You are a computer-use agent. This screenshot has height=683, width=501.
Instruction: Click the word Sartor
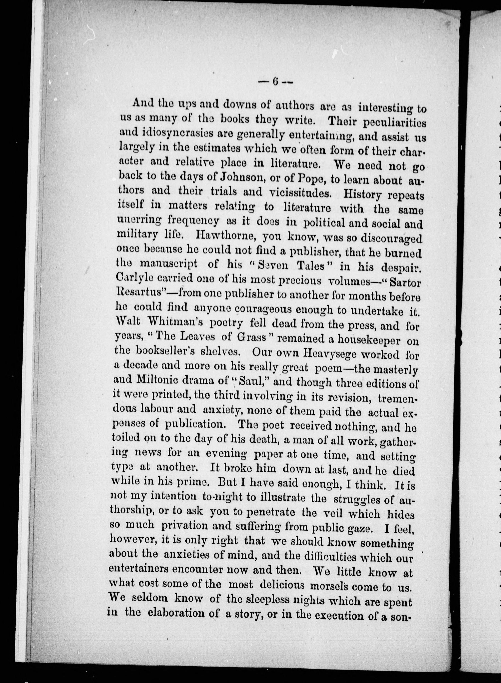click(x=405, y=283)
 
